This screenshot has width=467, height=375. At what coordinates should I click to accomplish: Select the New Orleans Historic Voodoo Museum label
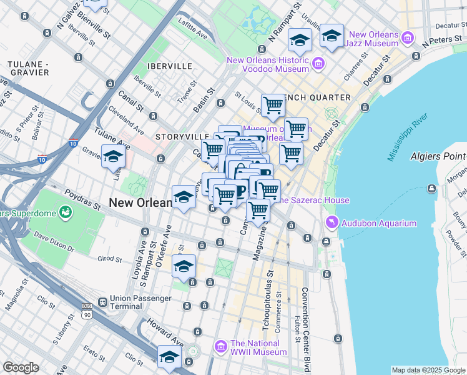pos(268,64)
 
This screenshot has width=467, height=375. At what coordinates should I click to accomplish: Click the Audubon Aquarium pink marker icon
pos(331,223)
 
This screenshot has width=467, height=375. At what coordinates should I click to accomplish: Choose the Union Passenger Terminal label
pos(140,302)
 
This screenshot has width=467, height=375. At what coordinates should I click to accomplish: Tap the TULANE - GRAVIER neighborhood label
pos(27,68)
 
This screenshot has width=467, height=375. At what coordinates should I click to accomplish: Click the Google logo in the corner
pos(21,367)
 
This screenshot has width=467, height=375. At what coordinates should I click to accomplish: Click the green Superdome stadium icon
pos(65,214)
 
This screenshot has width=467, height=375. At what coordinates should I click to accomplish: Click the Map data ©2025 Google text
pos(428,370)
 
